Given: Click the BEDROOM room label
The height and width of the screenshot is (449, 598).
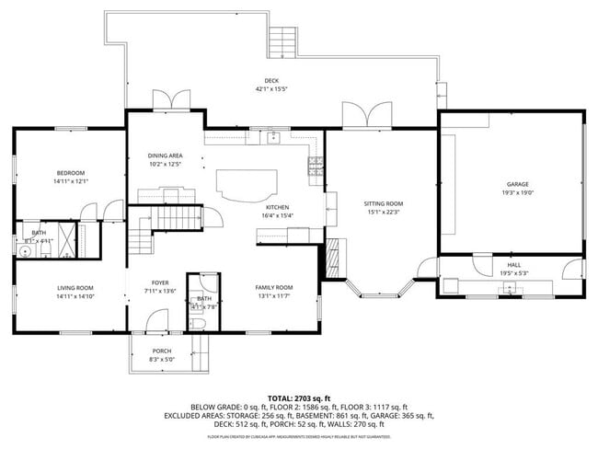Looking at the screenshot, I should tap(70, 173).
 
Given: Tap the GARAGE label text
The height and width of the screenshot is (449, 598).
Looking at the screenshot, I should tap(518, 184).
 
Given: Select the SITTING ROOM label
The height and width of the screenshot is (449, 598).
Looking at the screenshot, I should tap(383, 203).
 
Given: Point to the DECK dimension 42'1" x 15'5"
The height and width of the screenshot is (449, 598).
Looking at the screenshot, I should tap(271, 89).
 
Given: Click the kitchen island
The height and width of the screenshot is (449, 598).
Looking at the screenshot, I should tap(245, 184).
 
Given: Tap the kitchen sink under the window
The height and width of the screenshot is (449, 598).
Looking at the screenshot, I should tap(273, 139).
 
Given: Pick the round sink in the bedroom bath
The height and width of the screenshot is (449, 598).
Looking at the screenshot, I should tap(24, 248).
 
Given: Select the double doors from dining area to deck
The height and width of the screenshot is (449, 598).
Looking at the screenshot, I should tap(166, 100).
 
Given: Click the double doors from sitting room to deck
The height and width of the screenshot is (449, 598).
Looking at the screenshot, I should tap(365, 116).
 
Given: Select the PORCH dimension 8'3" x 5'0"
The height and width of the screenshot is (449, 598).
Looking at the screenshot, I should tap(162, 359).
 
